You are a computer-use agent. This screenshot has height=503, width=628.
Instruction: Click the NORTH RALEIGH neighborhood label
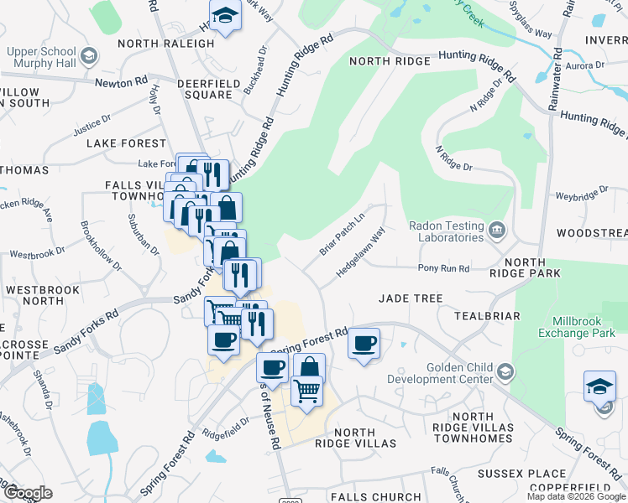(166, 44)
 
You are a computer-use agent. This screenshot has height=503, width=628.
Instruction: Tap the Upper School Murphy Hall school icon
(90, 56)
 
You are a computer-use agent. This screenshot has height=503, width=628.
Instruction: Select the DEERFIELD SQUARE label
(205, 89)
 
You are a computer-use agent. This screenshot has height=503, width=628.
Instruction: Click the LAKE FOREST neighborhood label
(127, 143)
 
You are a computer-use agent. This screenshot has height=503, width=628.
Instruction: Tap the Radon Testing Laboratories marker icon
(496, 228)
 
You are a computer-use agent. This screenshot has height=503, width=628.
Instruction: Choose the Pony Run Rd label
(444, 268)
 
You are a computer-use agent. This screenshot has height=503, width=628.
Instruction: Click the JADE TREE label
(411, 298)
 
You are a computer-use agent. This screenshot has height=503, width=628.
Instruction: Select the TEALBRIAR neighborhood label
(487, 316)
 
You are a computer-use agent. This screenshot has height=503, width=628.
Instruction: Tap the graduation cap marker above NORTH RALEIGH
(225, 17)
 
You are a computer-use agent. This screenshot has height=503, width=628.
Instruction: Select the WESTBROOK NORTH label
(41, 295)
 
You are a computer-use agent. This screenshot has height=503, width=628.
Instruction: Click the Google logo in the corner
(27, 493)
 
